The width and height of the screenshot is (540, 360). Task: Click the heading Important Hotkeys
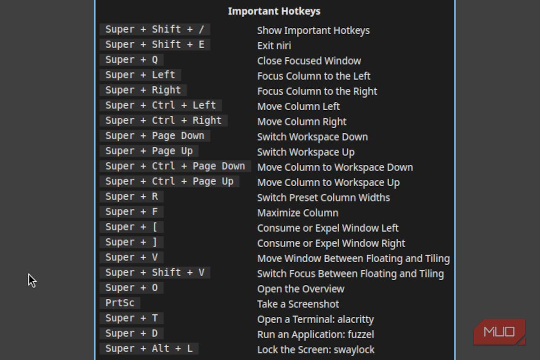tap(274, 11)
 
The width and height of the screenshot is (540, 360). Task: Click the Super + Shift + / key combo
tap(154, 29)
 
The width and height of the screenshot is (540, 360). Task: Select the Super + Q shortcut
tap(132, 59)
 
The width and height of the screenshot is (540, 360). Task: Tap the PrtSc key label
tap(120, 303)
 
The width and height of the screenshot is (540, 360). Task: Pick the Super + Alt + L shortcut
tap(149, 348)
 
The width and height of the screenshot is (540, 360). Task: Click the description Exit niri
tap(274, 45)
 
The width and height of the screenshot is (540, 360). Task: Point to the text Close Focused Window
tap(309, 61)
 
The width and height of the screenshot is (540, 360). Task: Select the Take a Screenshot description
tap(298, 304)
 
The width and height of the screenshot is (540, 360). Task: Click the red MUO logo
tap(499, 332)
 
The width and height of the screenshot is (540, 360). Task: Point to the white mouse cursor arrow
tap(32, 280)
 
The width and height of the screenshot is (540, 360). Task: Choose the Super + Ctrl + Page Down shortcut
tap(175, 166)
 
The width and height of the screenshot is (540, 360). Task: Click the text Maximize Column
tap(298, 213)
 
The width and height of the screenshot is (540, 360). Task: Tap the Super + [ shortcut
tap(132, 227)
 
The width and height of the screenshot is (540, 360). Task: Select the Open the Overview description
tap(301, 289)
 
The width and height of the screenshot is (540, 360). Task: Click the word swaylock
tap(354, 350)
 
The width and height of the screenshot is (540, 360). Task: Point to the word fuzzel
tap(361, 334)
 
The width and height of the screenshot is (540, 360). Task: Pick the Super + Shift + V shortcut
tap(154, 273)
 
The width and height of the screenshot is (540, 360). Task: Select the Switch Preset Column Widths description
tap(324, 198)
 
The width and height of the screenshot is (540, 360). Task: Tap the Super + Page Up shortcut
tap(149, 151)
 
